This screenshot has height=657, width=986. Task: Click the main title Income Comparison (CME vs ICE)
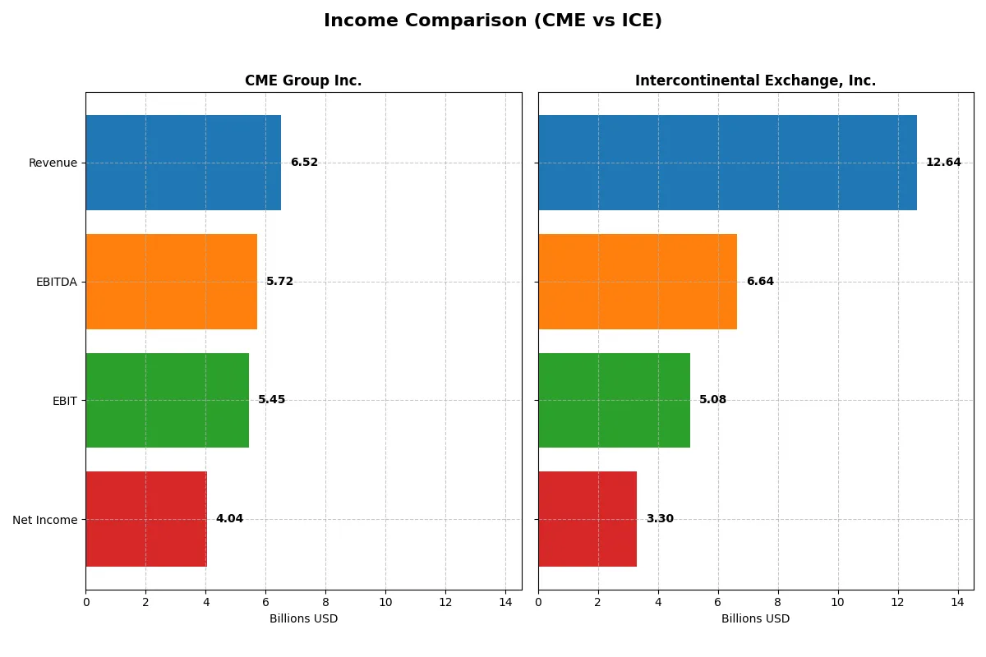pos(493,21)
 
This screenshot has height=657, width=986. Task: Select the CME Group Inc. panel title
pos(303,80)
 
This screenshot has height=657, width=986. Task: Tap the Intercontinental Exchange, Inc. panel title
pos(755,80)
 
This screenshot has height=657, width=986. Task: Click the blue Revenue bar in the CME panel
pos(183,163)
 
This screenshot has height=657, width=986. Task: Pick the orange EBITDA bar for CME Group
pos(171,282)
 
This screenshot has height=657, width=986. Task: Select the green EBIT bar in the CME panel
pos(167,400)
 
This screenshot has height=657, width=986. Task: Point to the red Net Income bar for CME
pos(146,519)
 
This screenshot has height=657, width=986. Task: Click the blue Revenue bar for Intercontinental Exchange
pos(727,163)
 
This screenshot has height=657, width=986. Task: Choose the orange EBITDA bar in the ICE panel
pos(638,282)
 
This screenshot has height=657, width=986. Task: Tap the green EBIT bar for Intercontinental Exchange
pos(614,400)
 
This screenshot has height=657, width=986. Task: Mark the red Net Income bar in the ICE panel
pos(587,519)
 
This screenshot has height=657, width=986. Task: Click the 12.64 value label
pos(943,163)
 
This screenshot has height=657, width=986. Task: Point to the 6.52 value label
pos(304,163)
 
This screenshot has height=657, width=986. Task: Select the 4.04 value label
pos(229,519)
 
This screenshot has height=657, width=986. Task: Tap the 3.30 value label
pos(660,519)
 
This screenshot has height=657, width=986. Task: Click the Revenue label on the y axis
pos(53,163)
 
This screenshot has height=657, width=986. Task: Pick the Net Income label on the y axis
pos(45,520)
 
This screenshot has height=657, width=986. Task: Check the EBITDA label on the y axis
pos(57,282)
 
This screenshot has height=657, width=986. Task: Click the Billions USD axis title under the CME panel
pos(303,619)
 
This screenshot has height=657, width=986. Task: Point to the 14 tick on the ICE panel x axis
pos(957,602)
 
